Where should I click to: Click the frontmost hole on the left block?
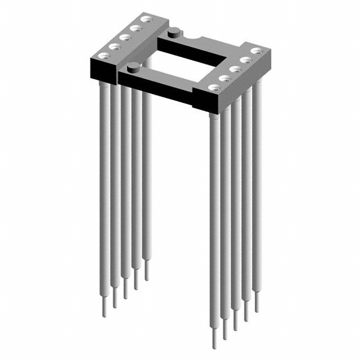pyautogui.click(x=104, y=55)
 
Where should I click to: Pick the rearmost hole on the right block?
pyautogui.click(x=256, y=51)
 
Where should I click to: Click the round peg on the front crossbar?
pyautogui.click(x=133, y=68)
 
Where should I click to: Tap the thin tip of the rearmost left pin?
pyautogui.click(x=147, y=275)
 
